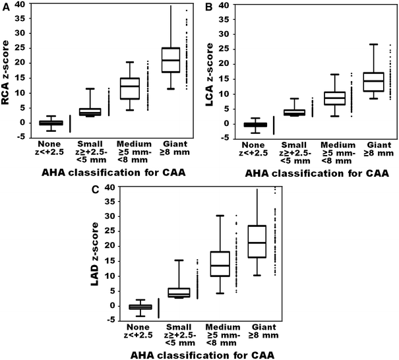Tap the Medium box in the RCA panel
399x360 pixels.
130,88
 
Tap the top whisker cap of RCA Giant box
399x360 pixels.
171,6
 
